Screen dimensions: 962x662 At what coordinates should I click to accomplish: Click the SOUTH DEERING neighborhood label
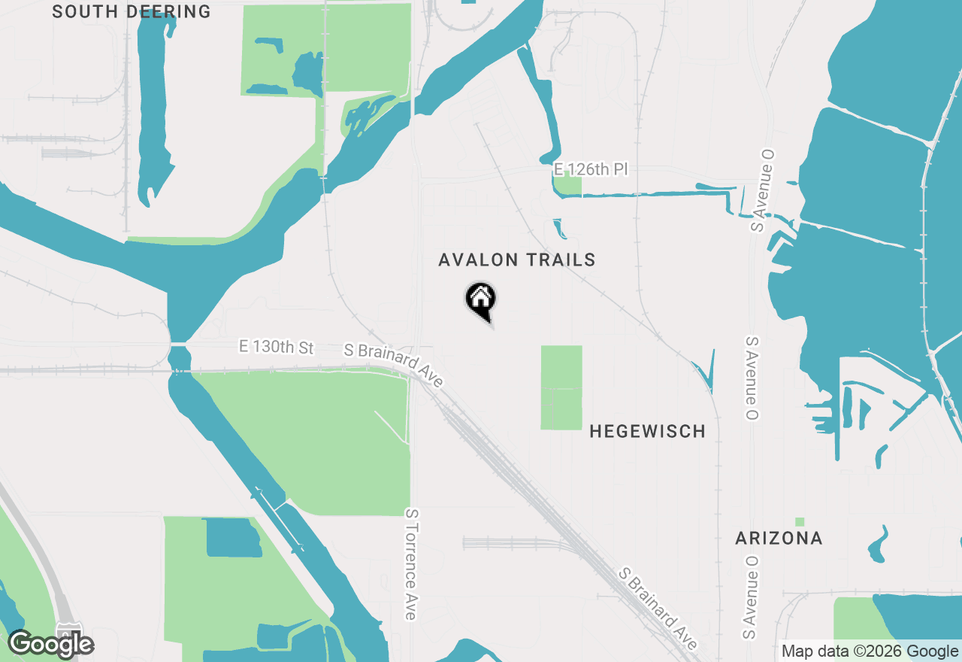pyautogui.click(x=132, y=11)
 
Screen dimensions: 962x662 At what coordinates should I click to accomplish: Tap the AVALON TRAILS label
pyautogui.click(x=517, y=260)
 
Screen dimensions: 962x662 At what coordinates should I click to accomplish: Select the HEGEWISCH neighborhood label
pyautogui.click(x=647, y=431)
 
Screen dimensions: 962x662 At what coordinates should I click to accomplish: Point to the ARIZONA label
pyautogui.click(x=779, y=539)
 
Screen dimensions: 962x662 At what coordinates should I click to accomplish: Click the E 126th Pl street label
pyautogui.click(x=590, y=169)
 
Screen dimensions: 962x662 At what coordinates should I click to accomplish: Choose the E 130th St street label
pyautogui.click(x=276, y=347)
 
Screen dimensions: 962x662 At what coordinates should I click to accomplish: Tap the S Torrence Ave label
pyautogui.click(x=410, y=563)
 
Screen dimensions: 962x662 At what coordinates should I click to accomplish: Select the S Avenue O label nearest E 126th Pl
pyautogui.click(x=764, y=190)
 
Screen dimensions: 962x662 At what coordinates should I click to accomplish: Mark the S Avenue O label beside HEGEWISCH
pyautogui.click(x=751, y=378)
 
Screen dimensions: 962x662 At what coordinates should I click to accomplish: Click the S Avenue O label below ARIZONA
pyautogui.click(x=749, y=598)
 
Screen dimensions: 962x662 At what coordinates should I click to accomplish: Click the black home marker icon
pyautogui.click(x=481, y=300)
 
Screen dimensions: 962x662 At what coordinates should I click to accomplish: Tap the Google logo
pyautogui.click(x=51, y=644)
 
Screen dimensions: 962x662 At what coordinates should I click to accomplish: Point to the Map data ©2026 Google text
pyautogui.click(x=870, y=651)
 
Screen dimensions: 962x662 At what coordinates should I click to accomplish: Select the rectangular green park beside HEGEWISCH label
pyautogui.click(x=561, y=387)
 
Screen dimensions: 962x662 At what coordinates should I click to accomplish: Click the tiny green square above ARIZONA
pyautogui.click(x=800, y=521)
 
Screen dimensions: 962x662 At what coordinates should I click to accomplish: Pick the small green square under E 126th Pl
pyautogui.click(x=567, y=185)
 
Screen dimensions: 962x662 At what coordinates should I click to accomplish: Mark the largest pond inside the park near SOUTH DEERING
pyautogui.click(x=307, y=73)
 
